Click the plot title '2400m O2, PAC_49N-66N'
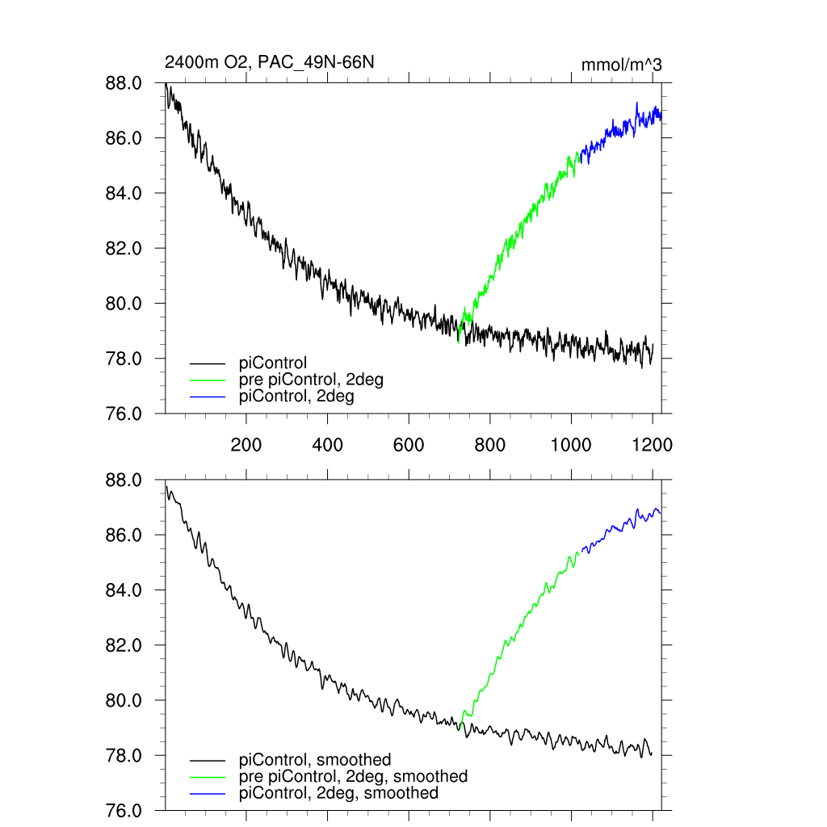269,62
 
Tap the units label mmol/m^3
621,65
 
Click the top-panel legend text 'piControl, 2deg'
297,397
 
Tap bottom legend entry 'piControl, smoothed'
315,760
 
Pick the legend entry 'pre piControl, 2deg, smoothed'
354,776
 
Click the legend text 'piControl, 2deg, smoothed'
339,793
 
